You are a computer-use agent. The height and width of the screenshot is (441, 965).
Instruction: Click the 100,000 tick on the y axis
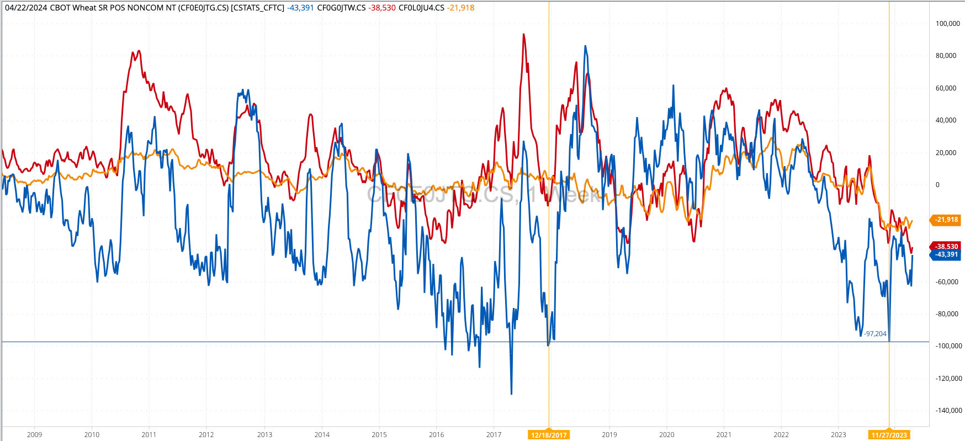947,24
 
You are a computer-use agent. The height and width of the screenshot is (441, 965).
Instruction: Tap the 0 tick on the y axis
937,185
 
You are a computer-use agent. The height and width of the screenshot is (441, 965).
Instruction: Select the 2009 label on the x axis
34,435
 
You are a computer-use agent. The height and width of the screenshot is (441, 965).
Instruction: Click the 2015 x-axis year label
379,435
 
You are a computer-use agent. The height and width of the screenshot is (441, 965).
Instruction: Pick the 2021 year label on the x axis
724,435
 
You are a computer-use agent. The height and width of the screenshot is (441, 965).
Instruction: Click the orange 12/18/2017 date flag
549,435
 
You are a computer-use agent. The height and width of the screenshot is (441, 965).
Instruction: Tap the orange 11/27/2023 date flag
889,435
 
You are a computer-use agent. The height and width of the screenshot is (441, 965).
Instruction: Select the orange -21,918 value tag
946,220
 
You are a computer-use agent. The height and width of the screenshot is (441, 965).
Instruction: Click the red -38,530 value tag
946,246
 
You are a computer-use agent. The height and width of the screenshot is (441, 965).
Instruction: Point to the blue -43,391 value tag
946,254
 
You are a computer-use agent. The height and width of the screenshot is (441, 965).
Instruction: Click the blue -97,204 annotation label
876,334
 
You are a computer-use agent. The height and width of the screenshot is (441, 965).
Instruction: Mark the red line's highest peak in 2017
523,34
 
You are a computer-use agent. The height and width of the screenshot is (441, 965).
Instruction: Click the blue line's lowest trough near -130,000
511,394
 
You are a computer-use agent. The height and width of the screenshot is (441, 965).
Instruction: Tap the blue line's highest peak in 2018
585,46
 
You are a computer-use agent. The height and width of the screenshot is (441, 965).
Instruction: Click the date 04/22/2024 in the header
26,8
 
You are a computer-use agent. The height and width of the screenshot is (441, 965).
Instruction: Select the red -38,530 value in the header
382,8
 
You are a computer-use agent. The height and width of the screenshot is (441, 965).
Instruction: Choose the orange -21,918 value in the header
460,8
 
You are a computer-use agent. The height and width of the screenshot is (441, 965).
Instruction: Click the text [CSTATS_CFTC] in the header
257,8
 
